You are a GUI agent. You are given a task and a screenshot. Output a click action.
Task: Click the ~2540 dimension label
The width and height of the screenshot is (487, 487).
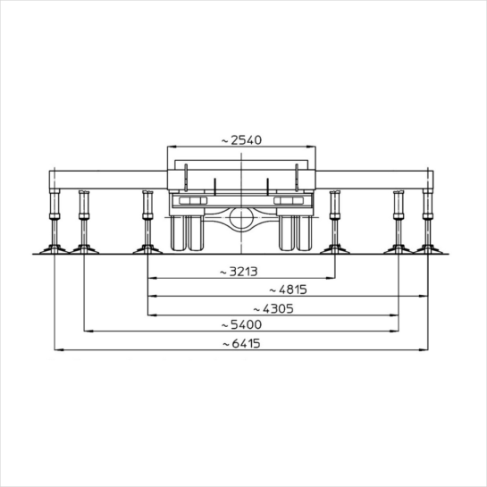coord(241,140)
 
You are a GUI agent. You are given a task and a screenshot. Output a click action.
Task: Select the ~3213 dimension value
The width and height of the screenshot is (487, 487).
coord(239,272)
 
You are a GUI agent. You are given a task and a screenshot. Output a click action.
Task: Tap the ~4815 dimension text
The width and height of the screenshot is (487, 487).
coord(288,290)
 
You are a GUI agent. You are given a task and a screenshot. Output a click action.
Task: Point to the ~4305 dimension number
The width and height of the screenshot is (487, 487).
coord(273,309)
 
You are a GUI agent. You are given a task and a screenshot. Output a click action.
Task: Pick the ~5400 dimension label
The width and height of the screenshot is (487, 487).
coord(241,325)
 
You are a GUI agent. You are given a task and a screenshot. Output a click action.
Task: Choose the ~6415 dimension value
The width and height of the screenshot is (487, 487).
coord(241,344)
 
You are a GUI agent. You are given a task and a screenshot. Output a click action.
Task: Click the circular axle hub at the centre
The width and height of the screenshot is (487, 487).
coord(241,218)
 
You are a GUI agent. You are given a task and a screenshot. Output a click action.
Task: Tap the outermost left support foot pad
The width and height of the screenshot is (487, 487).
coord(55,249)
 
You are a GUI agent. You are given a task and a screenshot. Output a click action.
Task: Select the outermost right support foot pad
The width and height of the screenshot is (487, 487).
coord(428,249)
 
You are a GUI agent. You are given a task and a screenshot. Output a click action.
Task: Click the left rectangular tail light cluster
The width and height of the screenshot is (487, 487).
coord(193,201)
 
